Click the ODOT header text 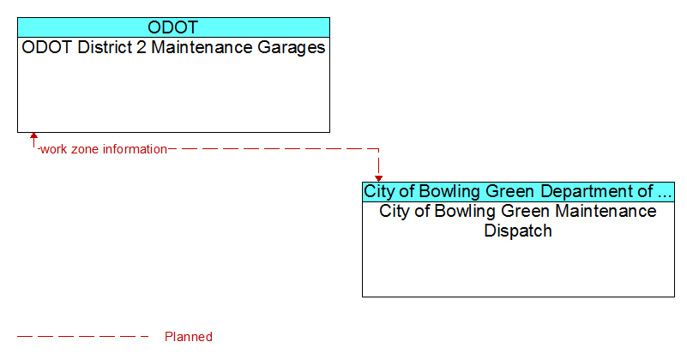(x=173, y=27)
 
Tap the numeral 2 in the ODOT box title (x=141, y=47)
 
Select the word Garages (x=292, y=48)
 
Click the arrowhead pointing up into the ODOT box (x=33, y=135)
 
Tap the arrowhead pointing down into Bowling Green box (x=378, y=178)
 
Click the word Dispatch (x=518, y=231)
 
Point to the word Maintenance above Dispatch (x=606, y=211)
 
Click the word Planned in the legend (x=189, y=337)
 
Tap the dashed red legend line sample (x=83, y=337)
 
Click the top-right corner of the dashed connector (x=378, y=149)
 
